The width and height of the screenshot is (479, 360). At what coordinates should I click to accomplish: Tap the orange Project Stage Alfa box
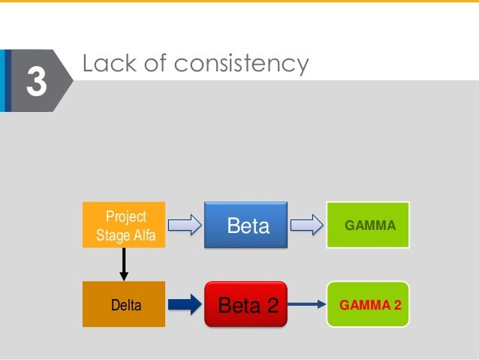click(x=125, y=224)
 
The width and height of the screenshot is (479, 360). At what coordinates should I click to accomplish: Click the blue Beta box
click(x=246, y=225)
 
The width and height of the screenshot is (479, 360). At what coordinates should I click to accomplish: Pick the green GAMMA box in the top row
click(x=368, y=225)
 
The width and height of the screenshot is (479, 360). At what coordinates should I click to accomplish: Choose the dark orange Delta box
click(x=124, y=304)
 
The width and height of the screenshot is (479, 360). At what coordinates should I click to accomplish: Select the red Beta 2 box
click(x=246, y=305)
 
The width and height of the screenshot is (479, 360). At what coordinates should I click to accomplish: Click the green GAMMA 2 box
click(x=368, y=304)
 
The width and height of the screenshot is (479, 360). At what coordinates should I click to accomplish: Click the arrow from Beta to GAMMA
click(x=306, y=224)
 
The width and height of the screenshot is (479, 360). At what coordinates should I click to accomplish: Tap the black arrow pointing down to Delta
click(x=124, y=263)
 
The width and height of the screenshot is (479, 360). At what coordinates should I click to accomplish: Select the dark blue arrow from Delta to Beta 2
click(x=184, y=304)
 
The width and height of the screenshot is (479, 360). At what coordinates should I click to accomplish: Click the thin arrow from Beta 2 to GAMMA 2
click(x=306, y=304)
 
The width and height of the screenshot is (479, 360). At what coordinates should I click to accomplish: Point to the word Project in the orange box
click(x=125, y=216)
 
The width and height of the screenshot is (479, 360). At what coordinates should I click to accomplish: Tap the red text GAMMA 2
click(x=370, y=305)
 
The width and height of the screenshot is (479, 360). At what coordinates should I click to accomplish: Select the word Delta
click(x=125, y=306)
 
